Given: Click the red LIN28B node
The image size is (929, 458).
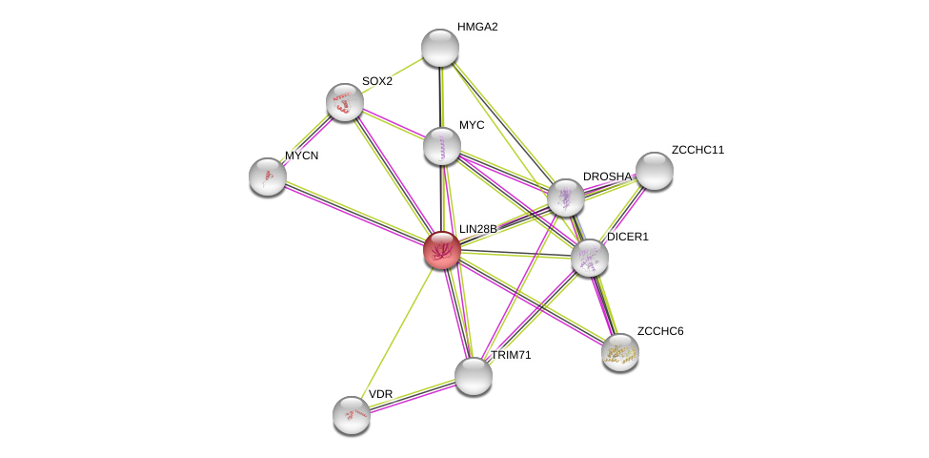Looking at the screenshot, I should [x=442, y=250].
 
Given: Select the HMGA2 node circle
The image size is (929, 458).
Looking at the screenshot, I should [x=440, y=48].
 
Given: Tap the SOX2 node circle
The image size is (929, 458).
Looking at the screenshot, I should [x=345, y=102].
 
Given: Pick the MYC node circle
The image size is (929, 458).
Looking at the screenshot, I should [x=442, y=146].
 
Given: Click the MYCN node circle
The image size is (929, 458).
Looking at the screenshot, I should [x=268, y=176].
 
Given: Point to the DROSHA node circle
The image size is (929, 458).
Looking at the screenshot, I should [x=565, y=198].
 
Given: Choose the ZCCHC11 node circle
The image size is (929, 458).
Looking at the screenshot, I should [x=655, y=171].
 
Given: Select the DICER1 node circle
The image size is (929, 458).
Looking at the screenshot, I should [x=590, y=257].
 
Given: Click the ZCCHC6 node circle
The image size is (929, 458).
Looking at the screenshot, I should [x=620, y=352].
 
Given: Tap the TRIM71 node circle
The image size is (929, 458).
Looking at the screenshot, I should [x=474, y=376].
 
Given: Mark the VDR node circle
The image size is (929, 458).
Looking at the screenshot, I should [x=352, y=415].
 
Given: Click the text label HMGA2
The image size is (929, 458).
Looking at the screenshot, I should [x=477, y=27].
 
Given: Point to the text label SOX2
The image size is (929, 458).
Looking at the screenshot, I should [x=377, y=81].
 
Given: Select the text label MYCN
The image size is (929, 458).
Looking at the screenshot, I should [x=302, y=155].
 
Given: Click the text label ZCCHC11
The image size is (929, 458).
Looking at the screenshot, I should [x=697, y=150].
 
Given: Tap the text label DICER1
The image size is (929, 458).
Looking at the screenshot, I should [x=628, y=237].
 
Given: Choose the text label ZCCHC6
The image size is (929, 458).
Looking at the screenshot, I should [x=660, y=331].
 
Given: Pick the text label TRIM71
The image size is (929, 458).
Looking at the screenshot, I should [x=511, y=355].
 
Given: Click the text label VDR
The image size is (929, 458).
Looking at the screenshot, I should [x=380, y=394].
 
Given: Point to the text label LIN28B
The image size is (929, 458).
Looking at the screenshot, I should [x=478, y=229].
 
